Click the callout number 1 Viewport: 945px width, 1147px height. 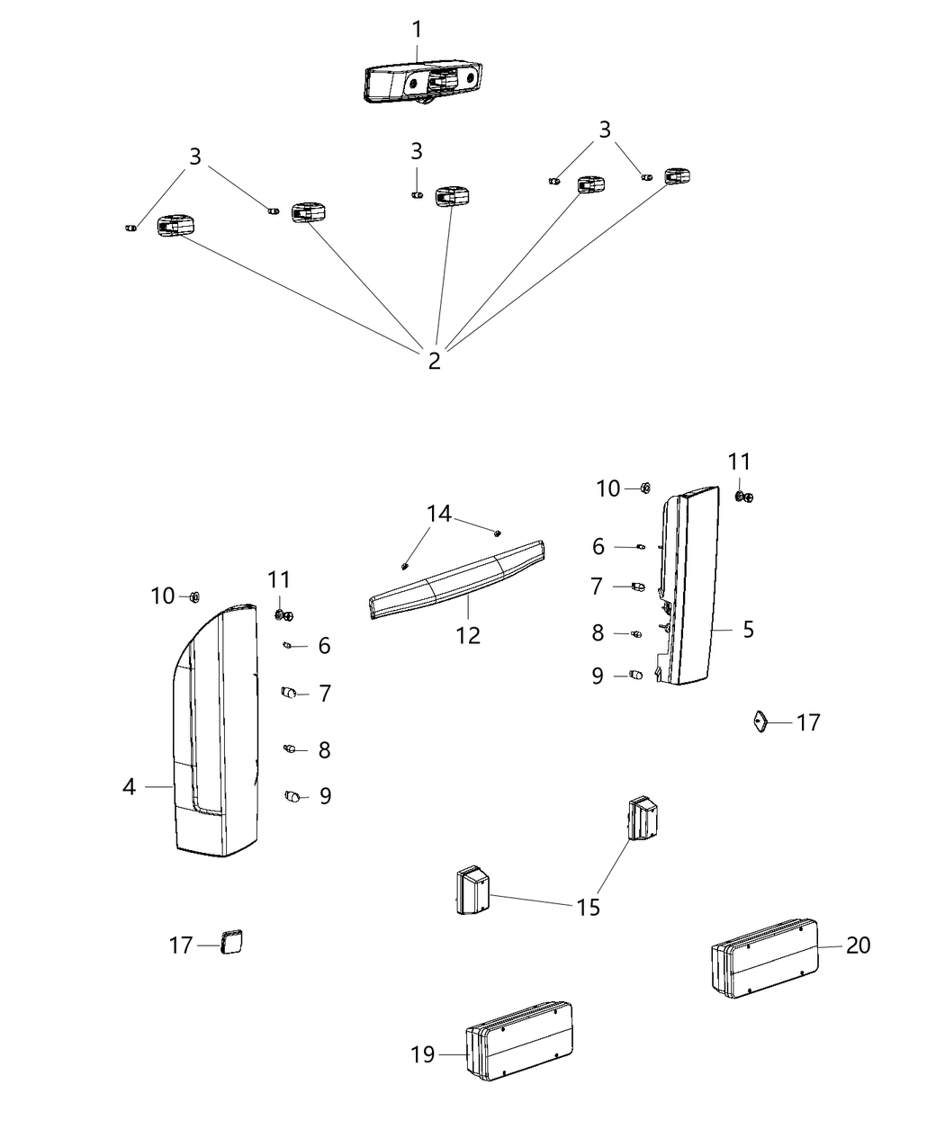click(x=417, y=30)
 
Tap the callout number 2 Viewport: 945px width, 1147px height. click(x=435, y=361)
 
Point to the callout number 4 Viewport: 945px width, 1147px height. click(x=130, y=787)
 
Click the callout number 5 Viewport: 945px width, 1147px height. click(x=749, y=630)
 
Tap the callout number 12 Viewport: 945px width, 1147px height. click(x=468, y=635)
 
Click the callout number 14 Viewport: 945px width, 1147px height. click(x=439, y=514)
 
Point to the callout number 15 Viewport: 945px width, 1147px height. click(x=588, y=907)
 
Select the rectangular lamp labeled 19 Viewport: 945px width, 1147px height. click(x=520, y=1041)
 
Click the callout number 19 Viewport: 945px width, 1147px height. click(x=423, y=1054)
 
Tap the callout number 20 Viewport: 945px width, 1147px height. click(x=859, y=945)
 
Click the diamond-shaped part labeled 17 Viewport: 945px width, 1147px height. click(x=760, y=721)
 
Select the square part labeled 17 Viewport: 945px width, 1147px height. click(x=231, y=942)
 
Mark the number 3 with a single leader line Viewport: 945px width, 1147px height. click(x=417, y=151)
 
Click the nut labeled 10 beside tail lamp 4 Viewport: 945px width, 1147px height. click(x=193, y=596)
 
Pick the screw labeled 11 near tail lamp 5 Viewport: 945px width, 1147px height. click(x=743, y=496)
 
